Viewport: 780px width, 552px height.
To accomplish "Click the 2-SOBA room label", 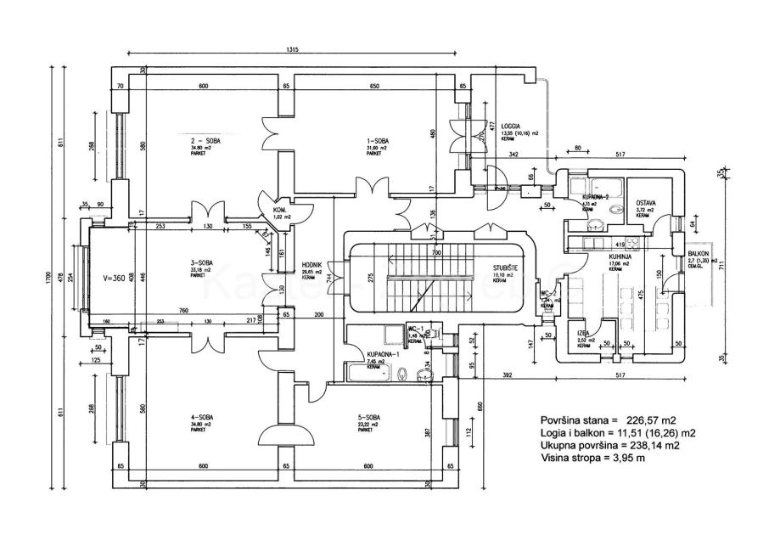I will (206, 141).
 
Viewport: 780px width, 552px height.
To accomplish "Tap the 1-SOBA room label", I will (377, 141).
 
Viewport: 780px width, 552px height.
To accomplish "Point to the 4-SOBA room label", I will (202, 417).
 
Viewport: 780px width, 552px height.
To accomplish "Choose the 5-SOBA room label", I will (369, 417).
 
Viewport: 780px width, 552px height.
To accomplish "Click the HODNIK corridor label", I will (314, 264).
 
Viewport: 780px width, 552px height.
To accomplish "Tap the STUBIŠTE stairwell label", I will (509, 268).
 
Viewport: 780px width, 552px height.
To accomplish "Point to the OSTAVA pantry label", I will (649, 204).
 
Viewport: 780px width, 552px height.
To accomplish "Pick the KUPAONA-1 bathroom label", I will (379, 353).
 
